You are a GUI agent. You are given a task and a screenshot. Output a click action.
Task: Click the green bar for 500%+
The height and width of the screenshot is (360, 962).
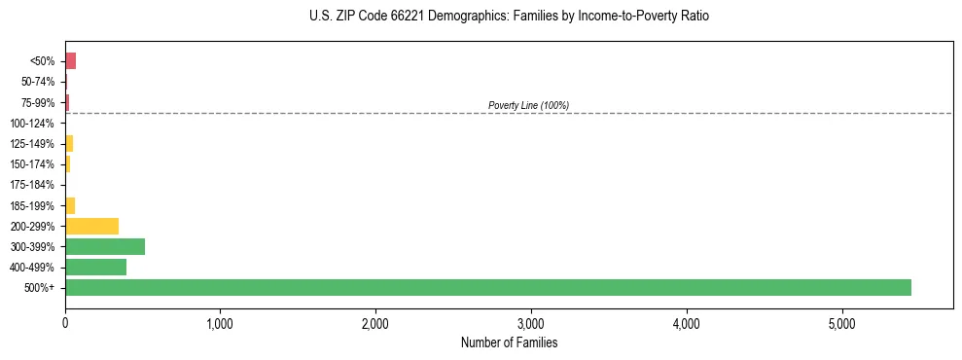click(487, 287)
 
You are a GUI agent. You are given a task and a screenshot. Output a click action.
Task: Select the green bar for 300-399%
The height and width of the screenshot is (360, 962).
click(105, 246)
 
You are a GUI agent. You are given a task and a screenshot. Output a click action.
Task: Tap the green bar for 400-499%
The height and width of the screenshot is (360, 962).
click(95, 267)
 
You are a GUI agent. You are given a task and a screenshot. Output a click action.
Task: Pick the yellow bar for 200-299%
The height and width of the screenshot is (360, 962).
click(91, 226)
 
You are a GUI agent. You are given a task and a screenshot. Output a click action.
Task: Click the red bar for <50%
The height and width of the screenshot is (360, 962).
click(70, 61)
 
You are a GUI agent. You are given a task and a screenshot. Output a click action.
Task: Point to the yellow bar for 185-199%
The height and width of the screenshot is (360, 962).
click(70, 205)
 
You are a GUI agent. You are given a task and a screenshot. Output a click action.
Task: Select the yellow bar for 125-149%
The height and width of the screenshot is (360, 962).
click(69, 144)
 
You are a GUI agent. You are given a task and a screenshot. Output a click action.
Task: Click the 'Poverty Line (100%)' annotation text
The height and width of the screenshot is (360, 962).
click(528, 105)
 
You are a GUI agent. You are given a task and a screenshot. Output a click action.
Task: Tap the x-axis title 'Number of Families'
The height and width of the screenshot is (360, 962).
click(509, 342)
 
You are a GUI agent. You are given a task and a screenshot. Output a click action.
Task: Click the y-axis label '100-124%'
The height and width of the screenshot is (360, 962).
click(32, 124)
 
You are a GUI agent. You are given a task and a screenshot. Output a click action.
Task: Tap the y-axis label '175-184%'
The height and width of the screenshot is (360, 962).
click(32, 185)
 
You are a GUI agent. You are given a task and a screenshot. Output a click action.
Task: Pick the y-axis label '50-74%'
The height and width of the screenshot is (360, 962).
click(36, 82)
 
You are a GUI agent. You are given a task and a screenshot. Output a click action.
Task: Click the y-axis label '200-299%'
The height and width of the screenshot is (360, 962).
click(32, 227)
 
